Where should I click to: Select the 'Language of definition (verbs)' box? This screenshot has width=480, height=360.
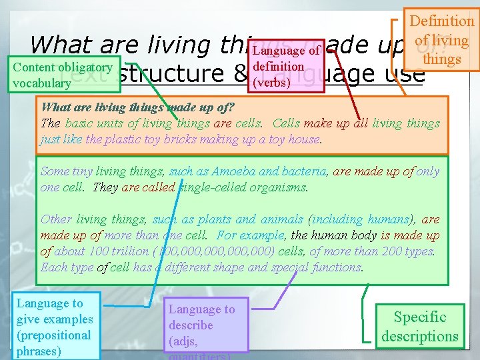(x=287, y=66)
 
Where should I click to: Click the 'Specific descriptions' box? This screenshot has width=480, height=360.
(x=419, y=327)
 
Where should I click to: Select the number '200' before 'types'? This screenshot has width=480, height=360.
(x=389, y=251)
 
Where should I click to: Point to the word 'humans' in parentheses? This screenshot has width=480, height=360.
(x=385, y=219)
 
